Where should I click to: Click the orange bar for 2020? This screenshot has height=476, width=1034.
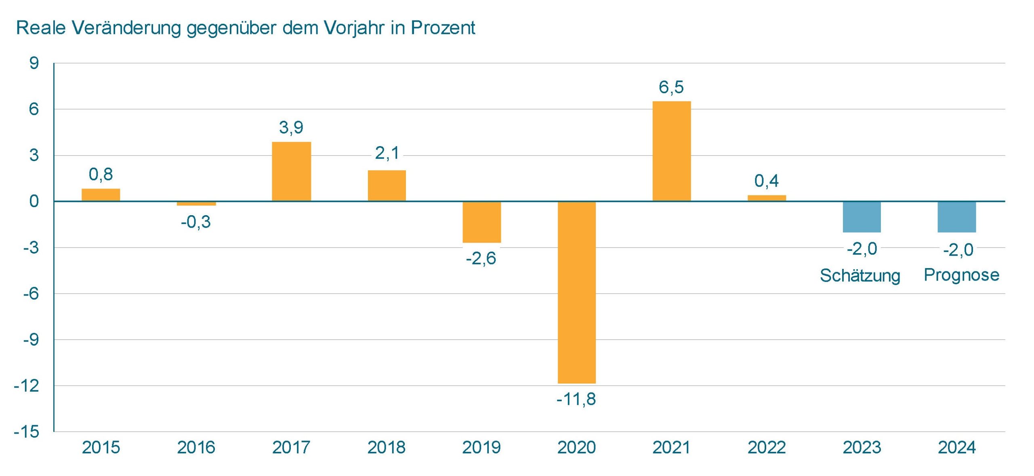tap(576, 292)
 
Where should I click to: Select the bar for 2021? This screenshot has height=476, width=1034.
tap(671, 151)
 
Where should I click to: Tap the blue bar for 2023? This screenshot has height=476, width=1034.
tap(862, 217)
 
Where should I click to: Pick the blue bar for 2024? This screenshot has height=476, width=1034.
tap(956, 217)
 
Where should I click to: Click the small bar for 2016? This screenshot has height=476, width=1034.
tap(196, 203)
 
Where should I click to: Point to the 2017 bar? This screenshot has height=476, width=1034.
tap(291, 171)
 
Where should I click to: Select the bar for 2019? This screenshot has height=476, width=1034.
tap(481, 222)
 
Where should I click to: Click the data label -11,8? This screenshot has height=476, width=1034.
tap(576, 399)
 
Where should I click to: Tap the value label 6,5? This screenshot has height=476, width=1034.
tap(671, 87)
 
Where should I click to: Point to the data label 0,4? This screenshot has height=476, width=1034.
tap(766, 181)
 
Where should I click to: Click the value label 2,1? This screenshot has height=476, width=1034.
tap(387, 153)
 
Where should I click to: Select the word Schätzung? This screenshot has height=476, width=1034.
tap(860, 276)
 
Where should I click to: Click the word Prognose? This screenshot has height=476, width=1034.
tap(961, 275)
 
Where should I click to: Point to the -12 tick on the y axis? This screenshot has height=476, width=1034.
tap(27, 386)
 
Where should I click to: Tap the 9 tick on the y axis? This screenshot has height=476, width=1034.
tap(34, 63)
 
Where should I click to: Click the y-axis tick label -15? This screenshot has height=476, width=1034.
tap(27, 432)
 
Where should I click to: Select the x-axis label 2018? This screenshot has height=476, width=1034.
tap(386, 447)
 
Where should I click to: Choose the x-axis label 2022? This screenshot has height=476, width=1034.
tap(766, 447)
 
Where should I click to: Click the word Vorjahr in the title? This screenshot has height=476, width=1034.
tap(354, 28)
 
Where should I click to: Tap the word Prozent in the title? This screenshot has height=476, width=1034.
tap(443, 28)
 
